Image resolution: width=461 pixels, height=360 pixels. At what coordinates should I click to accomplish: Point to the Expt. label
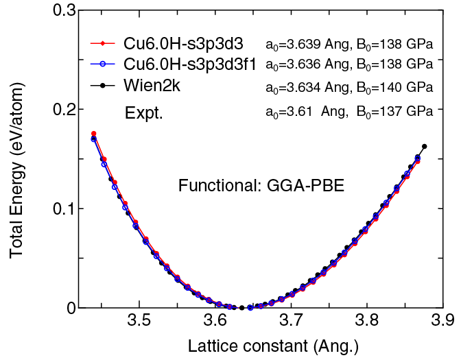(143, 113)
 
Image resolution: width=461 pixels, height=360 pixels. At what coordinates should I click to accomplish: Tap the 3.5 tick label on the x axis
(139, 322)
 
